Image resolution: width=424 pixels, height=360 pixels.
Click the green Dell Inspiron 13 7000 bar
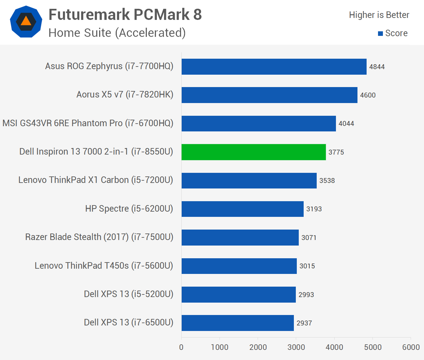click(x=253, y=152)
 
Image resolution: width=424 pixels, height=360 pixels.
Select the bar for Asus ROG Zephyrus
click(x=274, y=67)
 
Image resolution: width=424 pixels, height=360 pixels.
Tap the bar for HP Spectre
click(x=242, y=209)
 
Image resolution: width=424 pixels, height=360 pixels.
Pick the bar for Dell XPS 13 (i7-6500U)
click(x=237, y=323)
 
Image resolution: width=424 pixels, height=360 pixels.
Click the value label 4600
click(x=368, y=95)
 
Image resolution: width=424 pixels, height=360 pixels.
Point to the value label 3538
click(x=327, y=181)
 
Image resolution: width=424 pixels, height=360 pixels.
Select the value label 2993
click(x=306, y=295)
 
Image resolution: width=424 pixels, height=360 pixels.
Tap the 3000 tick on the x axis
click(x=296, y=347)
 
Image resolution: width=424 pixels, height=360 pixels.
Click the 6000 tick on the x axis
click(x=411, y=347)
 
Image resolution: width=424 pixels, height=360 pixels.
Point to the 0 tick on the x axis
click(x=181, y=347)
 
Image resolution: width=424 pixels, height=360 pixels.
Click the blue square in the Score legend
click(x=380, y=34)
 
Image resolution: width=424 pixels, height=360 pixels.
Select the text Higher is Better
click(x=379, y=15)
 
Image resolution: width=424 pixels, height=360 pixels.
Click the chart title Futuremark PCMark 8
click(x=125, y=15)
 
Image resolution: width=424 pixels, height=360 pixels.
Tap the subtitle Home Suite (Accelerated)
click(x=117, y=33)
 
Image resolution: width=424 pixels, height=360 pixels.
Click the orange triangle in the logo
click(x=26, y=21)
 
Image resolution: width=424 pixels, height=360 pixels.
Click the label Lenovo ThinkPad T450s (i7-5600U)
click(x=104, y=266)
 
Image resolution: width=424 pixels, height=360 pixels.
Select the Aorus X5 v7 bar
click(x=269, y=95)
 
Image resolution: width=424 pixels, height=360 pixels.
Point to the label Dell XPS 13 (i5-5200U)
click(x=129, y=294)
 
